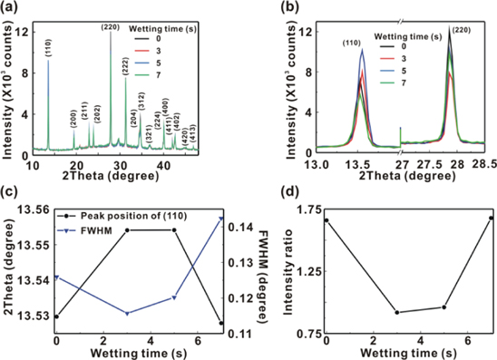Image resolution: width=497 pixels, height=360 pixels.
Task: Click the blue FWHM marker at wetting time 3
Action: point(127,314)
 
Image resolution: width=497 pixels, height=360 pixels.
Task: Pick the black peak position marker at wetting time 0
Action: point(56,316)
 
